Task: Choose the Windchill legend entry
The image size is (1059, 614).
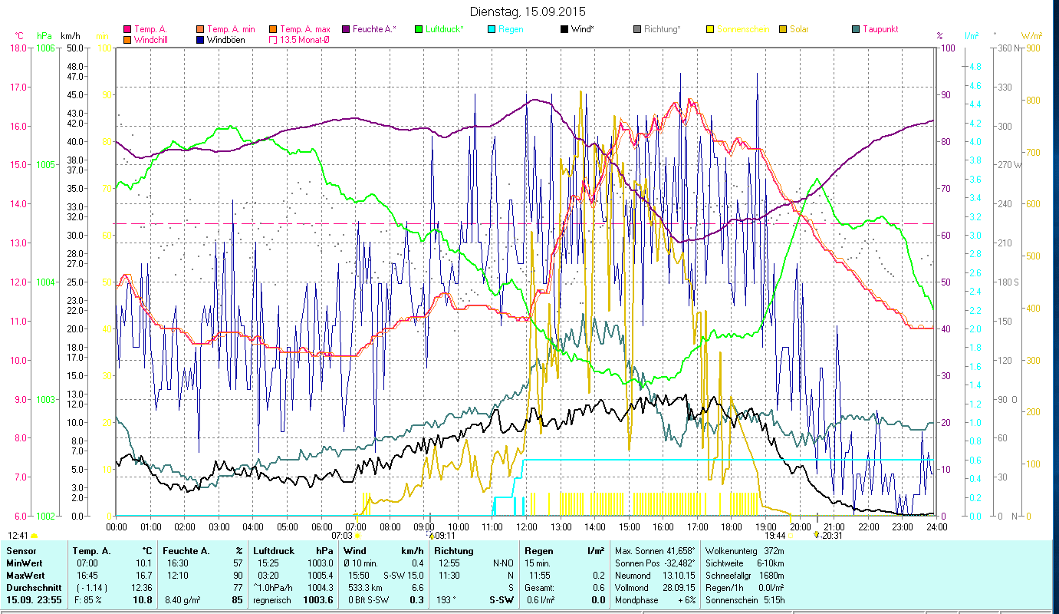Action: pyautogui.click(x=154, y=39)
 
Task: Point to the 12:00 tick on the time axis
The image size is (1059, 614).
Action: pyautogui.click(x=527, y=527)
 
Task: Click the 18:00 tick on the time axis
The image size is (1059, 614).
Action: pyautogui.click(x=732, y=527)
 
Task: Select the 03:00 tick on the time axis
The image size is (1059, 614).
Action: pyautogui.click(x=219, y=527)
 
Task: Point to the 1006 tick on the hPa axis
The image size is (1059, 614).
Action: pyautogui.click(x=45, y=48)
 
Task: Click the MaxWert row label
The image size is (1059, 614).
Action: pyautogui.click(x=25, y=575)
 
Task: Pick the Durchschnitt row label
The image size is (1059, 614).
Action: pyautogui.click(x=29, y=587)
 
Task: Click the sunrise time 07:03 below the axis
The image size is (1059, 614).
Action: pyautogui.click(x=341, y=536)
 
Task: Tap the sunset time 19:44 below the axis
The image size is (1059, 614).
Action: pyautogui.click(x=775, y=536)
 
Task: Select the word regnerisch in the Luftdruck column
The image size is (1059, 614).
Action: pyautogui.click(x=271, y=599)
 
